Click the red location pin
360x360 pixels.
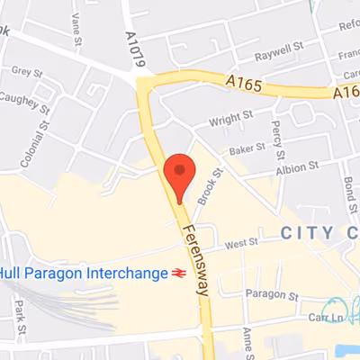point(180,174)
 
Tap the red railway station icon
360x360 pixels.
point(181,273)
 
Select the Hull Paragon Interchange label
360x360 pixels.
point(82,273)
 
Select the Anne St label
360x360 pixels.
point(246,340)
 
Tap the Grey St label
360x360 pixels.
point(28,71)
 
